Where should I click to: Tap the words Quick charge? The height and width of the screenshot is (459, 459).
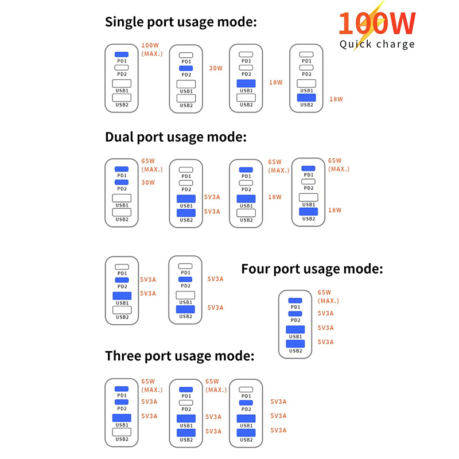tap(376, 44)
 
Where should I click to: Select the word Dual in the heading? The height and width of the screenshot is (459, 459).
tap(119, 138)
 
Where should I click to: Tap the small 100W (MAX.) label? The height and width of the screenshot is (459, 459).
tap(152, 49)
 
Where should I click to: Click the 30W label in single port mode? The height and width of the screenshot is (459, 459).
tap(215, 68)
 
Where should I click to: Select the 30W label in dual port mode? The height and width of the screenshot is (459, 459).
tap(148, 182)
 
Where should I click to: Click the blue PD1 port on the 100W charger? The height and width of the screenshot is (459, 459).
tap(122, 55)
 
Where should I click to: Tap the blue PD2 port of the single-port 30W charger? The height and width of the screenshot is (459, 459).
tap(186, 68)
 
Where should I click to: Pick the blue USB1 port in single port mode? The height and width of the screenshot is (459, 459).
tap(246, 84)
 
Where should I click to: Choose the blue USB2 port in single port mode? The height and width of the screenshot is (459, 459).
tap(307, 98)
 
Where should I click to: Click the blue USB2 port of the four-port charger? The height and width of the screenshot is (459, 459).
tap(295, 344)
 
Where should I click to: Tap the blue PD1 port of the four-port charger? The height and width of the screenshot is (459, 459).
tap(295, 301)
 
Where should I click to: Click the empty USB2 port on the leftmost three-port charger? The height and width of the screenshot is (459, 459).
tap(122, 432)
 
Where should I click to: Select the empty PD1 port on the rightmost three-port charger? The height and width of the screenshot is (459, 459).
tap(246, 390)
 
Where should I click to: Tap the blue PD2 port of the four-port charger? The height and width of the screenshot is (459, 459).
tap(295, 314)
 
